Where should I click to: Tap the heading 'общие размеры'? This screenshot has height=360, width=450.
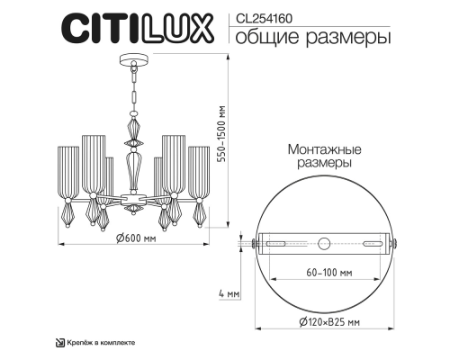pos(312,38)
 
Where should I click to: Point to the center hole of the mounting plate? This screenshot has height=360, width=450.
pos(325,240)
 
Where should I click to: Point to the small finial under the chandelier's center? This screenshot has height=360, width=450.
pos(133,209)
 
